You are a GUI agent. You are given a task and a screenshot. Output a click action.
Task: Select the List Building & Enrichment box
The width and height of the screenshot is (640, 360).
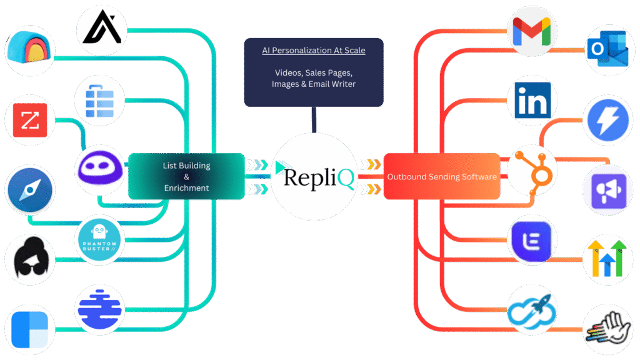[186, 176]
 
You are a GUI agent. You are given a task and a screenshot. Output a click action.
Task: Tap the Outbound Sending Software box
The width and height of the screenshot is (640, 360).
[441, 177]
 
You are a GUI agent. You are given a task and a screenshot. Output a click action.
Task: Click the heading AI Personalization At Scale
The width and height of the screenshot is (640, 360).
[313, 51]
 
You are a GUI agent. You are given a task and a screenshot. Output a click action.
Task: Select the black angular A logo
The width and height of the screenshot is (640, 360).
[101, 29]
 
